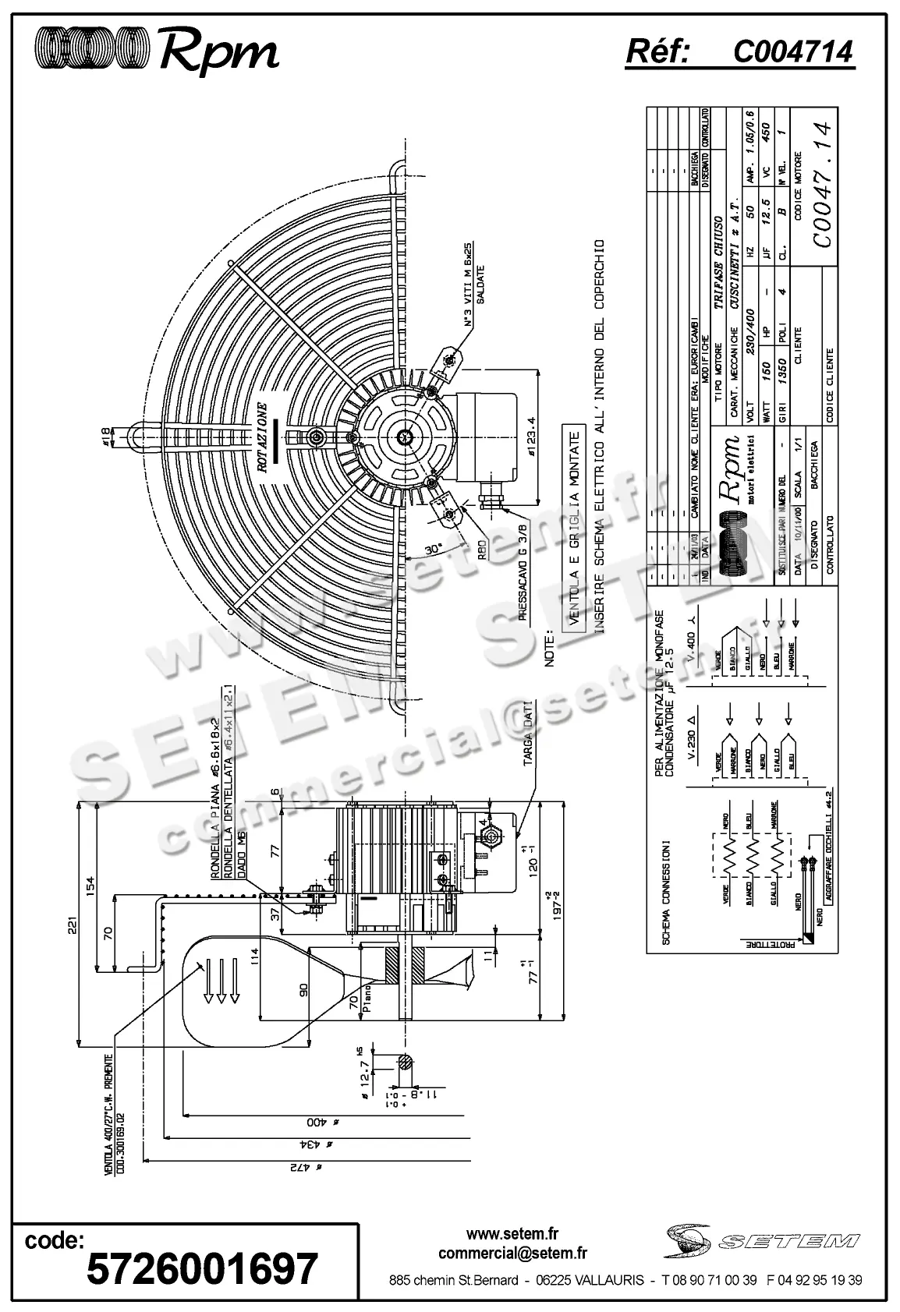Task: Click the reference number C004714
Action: point(792,52)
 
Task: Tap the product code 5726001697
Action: point(202,1268)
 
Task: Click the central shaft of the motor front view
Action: point(406,436)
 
